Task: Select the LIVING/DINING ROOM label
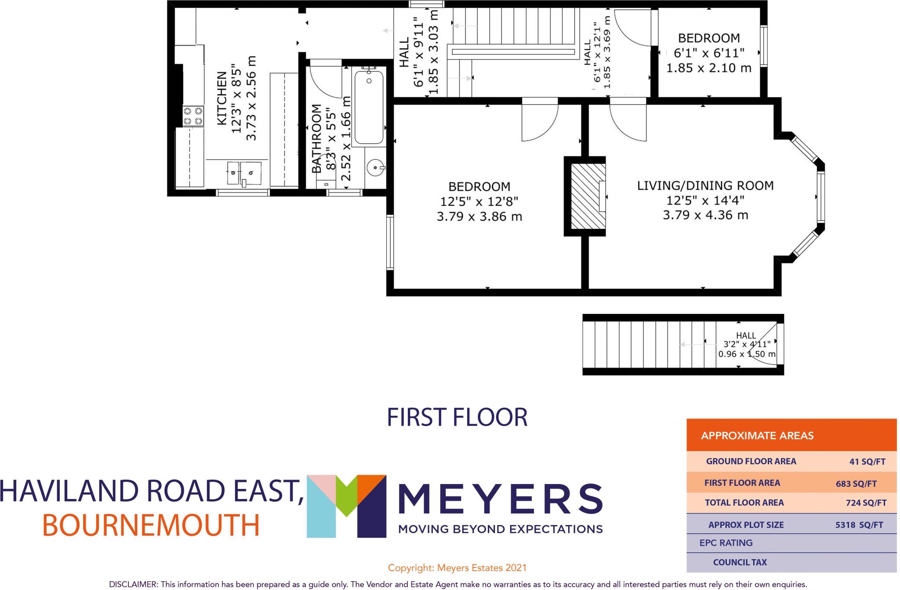(705, 186)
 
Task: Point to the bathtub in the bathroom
(369, 108)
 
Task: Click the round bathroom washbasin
(376, 168)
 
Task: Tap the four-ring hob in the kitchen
(193, 116)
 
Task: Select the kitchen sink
(244, 172)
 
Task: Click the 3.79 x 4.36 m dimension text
(705, 215)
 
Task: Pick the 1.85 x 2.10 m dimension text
(708, 68)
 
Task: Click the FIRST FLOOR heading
(457, 417)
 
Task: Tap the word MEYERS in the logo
(500, 500)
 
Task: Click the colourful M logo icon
(346, 506)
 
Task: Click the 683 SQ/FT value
(856, 484)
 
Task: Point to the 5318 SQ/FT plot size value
(859, 525)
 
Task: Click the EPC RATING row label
(726, 543)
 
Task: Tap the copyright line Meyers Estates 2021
(457, 568)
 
